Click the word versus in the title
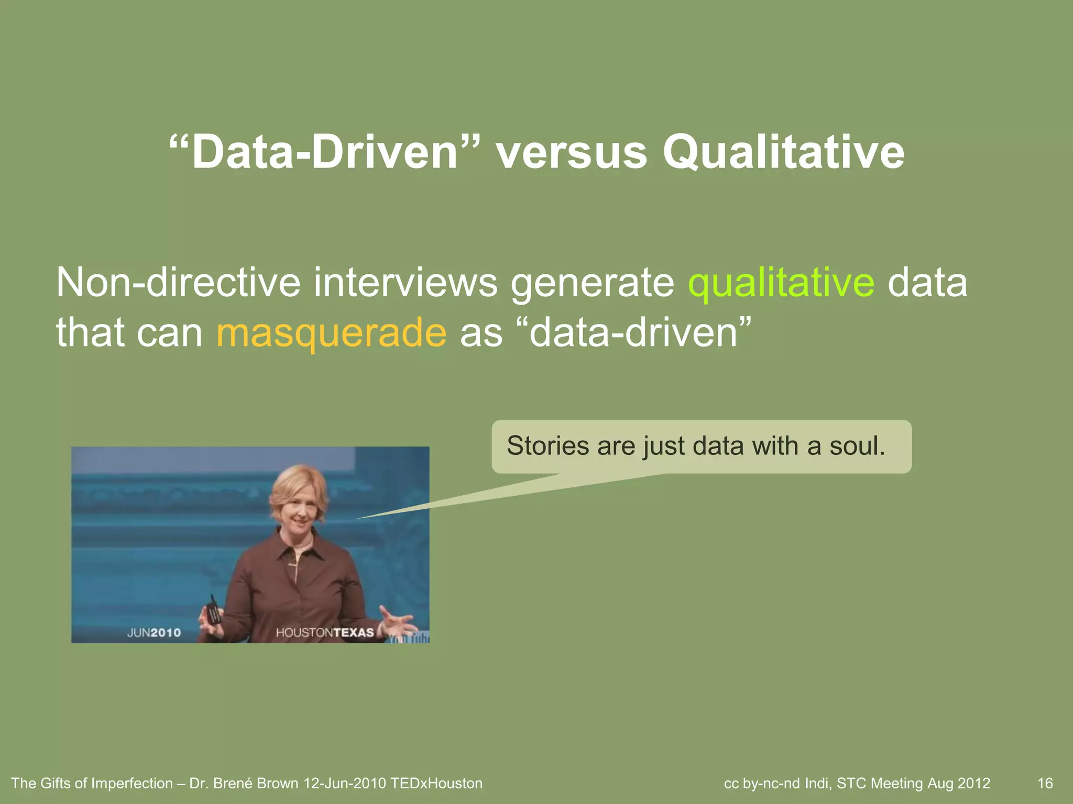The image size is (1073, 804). point(571,153)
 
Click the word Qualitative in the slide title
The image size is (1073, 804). point(783,153)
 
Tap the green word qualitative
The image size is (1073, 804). point(781,283)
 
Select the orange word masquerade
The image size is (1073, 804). point(331,333)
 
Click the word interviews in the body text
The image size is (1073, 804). point(406,283)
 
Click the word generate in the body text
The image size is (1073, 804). point(593,283)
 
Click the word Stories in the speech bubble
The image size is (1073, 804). point(548,446)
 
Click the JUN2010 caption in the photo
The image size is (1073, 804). point(154,632)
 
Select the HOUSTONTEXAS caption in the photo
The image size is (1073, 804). point(325,632)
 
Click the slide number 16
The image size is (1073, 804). point(1045,784)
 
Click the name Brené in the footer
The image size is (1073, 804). point(232,784)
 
